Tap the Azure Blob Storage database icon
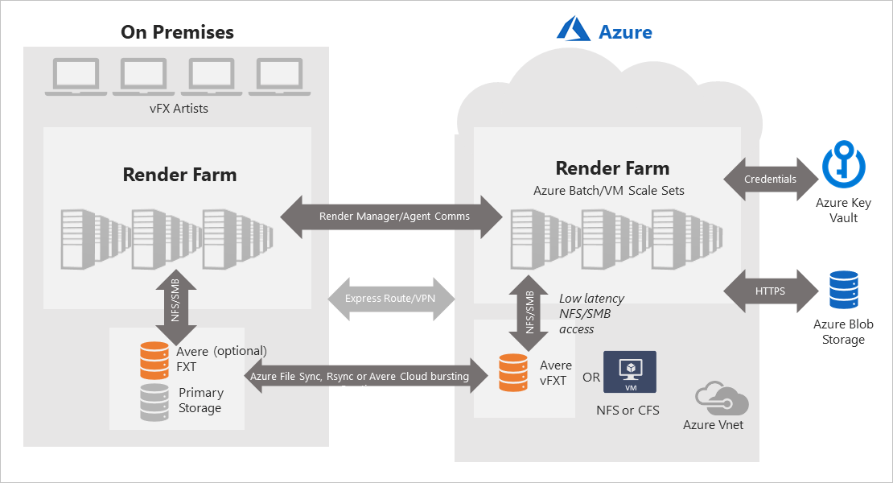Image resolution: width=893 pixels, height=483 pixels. [842, 291]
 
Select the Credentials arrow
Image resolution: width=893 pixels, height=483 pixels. [771, 179]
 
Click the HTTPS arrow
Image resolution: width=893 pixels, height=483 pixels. [771, 291]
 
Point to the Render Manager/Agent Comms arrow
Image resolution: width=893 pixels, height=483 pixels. [391, 217]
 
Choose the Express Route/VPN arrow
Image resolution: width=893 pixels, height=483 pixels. [391, 299]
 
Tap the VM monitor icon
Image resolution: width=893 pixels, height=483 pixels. [629, 372]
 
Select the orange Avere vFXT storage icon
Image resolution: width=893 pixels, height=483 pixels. [513, 372]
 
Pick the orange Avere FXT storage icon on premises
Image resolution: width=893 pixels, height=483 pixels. [154, 360]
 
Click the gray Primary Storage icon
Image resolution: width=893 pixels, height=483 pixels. [154, 402]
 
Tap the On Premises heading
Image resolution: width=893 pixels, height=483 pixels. [177, 32]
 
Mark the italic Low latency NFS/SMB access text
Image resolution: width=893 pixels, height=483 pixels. [591, 313]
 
